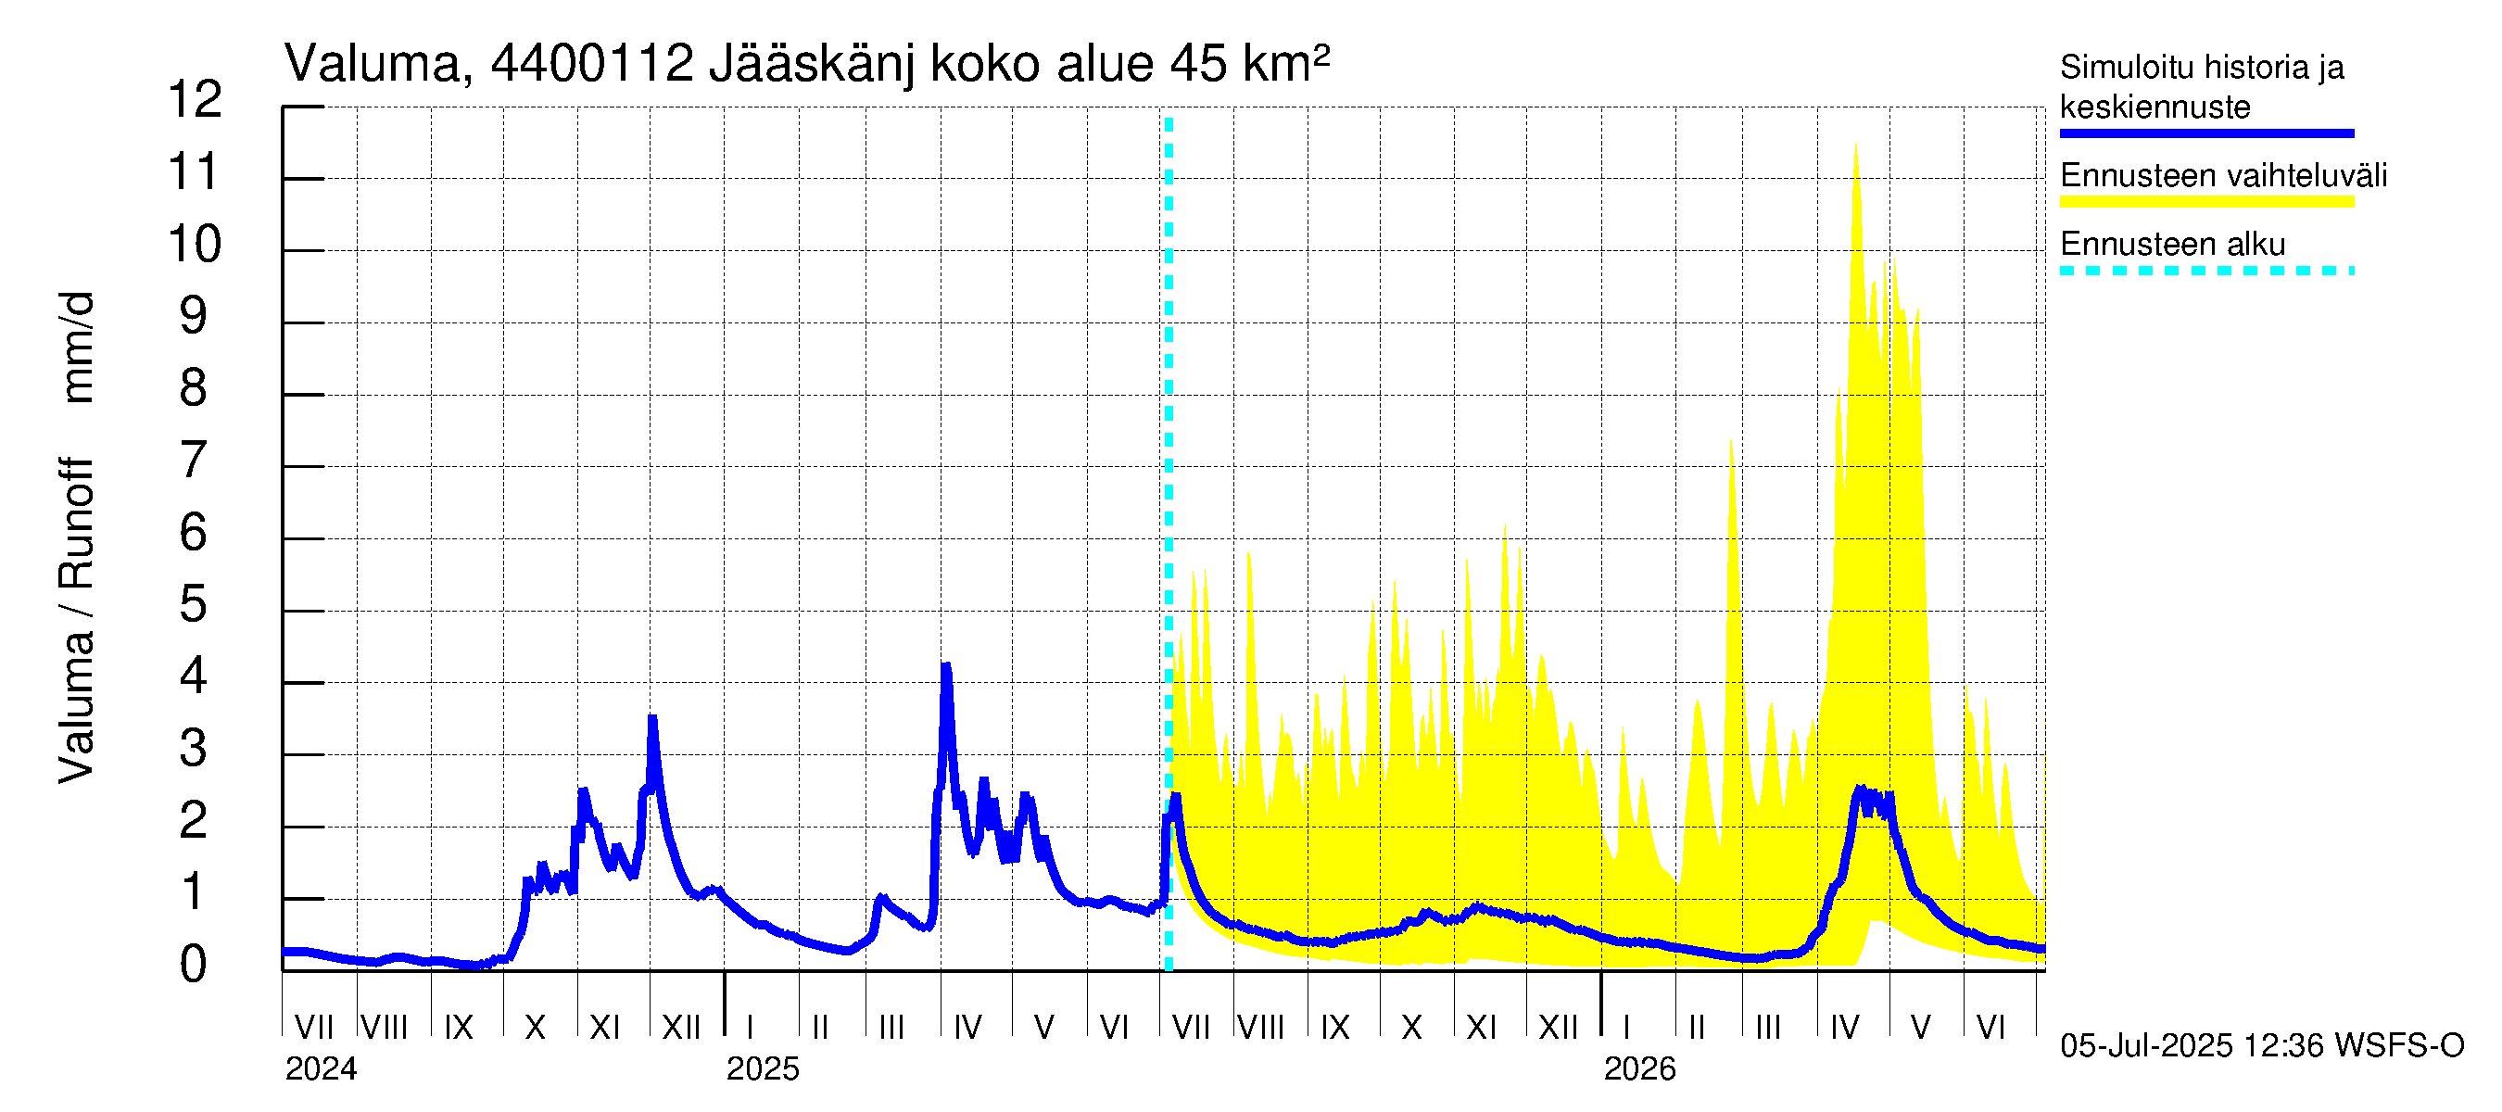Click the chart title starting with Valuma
[806, 64]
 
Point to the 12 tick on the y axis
[195, 99]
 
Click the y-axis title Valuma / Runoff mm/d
[76, 537]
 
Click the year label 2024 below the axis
[321, 1068]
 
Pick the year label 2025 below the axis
[763, 1068]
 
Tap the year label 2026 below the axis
[1639, 1068]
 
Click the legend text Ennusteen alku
[2172, 244]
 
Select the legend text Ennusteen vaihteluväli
[2223, 176]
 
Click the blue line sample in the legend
[2205, 133]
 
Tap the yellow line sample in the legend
[2205, 202]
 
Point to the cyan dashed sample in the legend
[2205, 271]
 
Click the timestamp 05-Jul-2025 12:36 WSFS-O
[2262, 1045]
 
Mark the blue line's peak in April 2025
[946, 666]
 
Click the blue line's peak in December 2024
[652, 719]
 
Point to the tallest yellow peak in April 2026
[1855, 145]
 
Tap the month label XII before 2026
[1558, 1027]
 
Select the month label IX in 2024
[459, 1027]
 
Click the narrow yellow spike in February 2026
[1731, 442]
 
